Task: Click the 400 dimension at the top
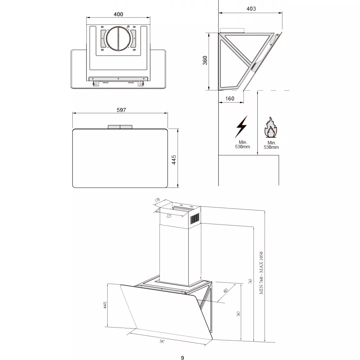click(x=118, y=14)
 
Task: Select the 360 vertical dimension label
click(x=205, y=60)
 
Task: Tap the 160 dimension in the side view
click(x=230, y=99)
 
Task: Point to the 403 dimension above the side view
click(x=251, y=9)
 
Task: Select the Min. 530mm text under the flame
click(x=271, y=145)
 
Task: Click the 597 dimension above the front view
click(x=121, y=110)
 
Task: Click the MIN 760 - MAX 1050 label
click(x=262, y=273)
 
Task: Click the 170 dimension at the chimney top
click(x=157, y=200)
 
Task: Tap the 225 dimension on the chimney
click(x=169, y=216)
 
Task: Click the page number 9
click(x=182, y=358)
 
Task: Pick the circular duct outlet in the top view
click(x=118, y=38)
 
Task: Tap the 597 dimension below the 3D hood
click(x=162, y=341)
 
